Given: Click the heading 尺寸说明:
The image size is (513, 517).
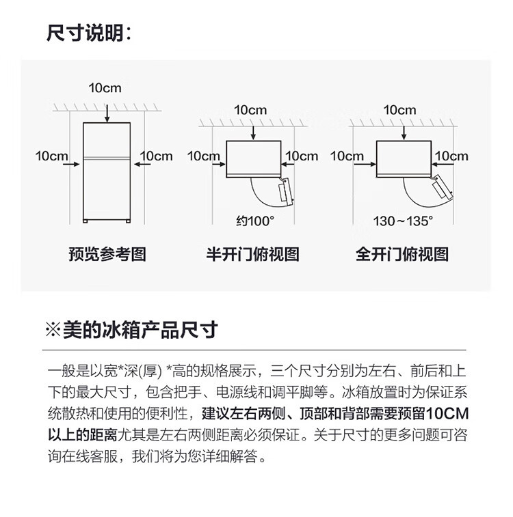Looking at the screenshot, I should [88, 32].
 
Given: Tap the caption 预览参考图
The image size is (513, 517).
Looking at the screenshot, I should [107, 255].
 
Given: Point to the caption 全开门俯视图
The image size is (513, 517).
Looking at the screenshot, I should [402, 255].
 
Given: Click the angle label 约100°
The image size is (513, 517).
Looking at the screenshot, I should [254, 221].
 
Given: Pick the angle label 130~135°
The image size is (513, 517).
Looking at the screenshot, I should [404, 221].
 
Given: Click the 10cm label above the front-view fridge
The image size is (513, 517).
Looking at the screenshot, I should [105, 87].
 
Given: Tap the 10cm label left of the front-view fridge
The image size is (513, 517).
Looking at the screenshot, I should [52, 156].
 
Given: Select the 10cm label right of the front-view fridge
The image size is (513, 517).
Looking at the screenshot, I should [157, 156].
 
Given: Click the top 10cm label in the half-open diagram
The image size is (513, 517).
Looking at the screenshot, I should [250, 110].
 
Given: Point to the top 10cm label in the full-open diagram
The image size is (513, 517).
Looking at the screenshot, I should [399, 110].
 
